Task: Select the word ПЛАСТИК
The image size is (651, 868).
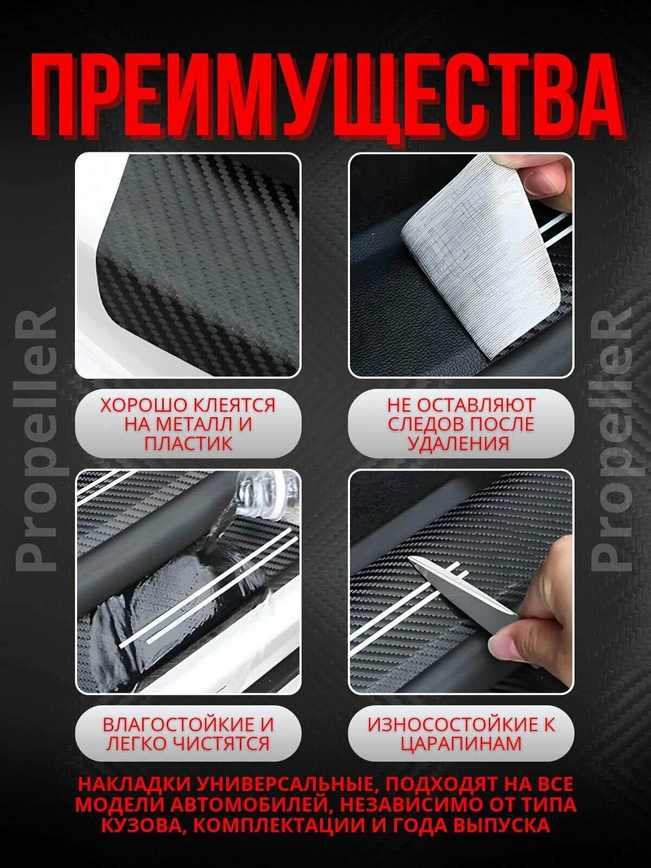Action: [188, 443]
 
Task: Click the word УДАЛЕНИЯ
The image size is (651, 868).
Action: [458, 443]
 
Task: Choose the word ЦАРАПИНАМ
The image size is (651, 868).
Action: [461, 743]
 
